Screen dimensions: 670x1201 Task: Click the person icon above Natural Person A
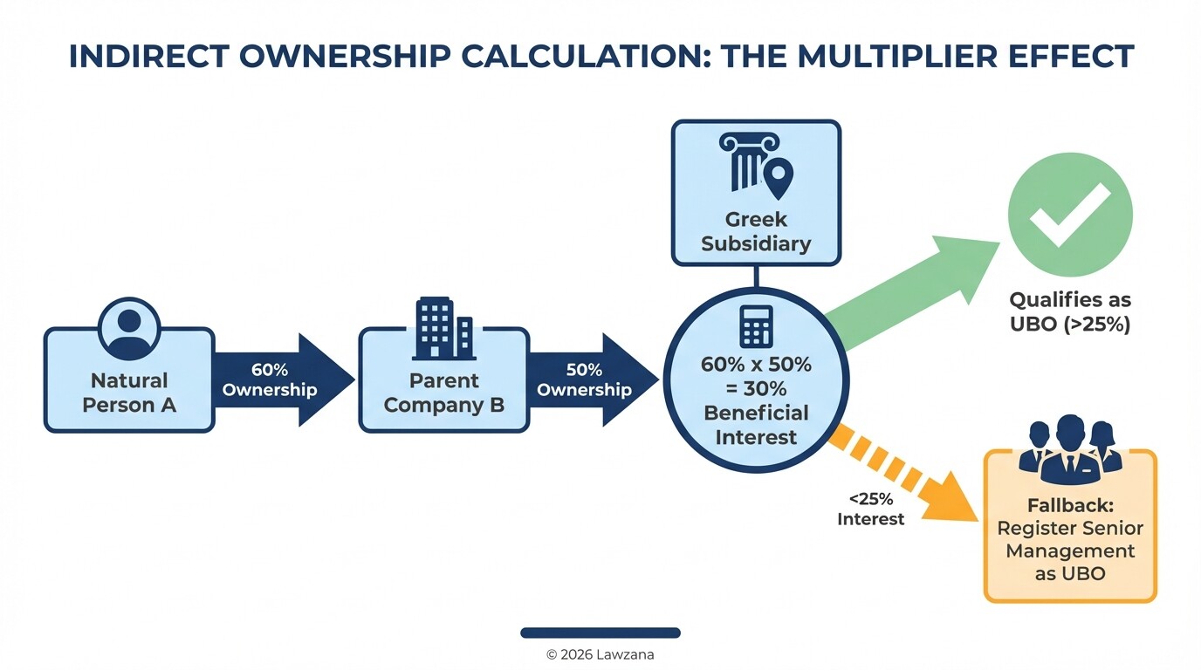coord(129,328)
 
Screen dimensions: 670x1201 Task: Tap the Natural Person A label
coord(129,393)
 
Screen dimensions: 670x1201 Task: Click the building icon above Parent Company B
coord(444,328)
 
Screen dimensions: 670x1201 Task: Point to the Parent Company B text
coord(444,393)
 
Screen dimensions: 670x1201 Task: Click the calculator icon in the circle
coord(756,326)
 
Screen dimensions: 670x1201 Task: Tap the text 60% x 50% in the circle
coord(756,365)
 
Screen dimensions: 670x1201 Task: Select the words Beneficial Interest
coord(756,424)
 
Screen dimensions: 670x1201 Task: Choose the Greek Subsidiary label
coord(756,231)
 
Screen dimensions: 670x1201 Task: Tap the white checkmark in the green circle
coord(1070,213)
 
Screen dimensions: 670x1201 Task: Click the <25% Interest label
coord(870,509)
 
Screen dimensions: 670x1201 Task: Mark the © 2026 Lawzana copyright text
coord(600,654)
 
